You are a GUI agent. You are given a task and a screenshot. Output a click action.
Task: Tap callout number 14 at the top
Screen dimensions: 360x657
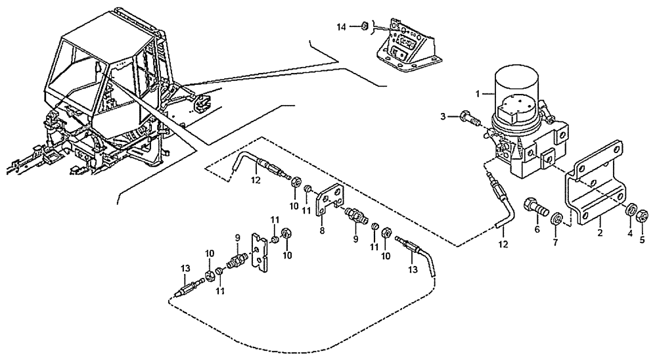point(340,26)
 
